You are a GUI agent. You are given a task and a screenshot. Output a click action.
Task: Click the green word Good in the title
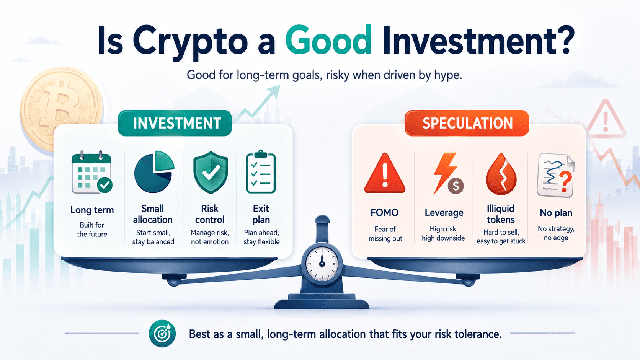pos(328,40)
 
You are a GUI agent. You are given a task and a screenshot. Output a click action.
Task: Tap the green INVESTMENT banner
pos(175,123)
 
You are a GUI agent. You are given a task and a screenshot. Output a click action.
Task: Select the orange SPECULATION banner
pos(467,123)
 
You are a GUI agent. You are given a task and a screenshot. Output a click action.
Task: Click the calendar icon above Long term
pos(92,172)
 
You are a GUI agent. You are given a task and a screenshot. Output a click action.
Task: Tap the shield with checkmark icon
pos(211,173)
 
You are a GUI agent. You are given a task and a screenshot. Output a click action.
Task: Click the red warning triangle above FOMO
pos(385,174)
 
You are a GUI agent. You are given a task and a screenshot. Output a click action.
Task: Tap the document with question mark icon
pos(556,175)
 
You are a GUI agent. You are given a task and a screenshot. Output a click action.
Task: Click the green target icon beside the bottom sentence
pos(162,333)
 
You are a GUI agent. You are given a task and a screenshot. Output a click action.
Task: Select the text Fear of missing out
pos(385,234)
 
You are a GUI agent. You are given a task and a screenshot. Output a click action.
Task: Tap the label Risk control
pos(210,214)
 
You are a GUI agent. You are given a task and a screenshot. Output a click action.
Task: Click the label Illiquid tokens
pos(501,214)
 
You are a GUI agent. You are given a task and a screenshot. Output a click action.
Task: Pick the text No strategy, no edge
pos(556,233)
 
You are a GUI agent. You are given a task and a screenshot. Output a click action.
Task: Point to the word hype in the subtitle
pos(448,75)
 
